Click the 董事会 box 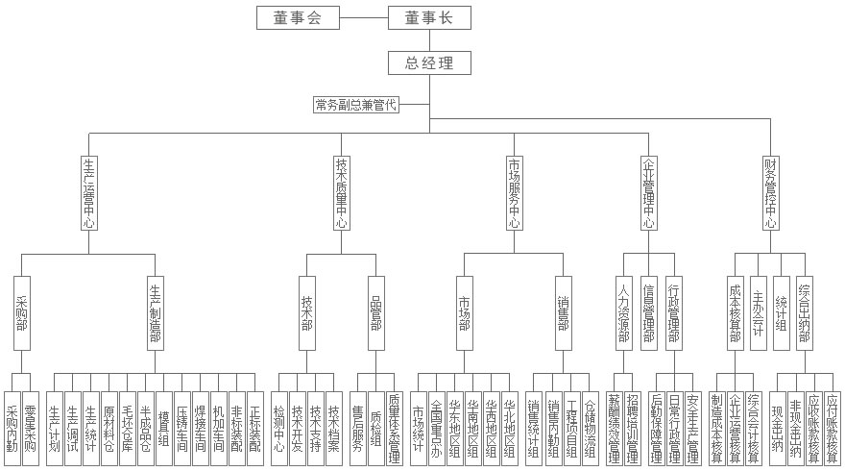pos(296,17)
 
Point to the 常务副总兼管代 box pos(355,104)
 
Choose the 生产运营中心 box pos(88,191)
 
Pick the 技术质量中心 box pos(341,191)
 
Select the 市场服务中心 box pos(515,191)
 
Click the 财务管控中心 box pos(770,191)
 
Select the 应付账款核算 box pos(832,428)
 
